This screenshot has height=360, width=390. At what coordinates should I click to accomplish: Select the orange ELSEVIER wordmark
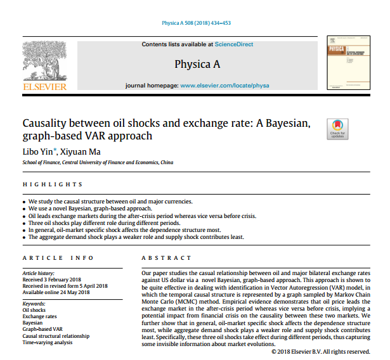click(44, 86)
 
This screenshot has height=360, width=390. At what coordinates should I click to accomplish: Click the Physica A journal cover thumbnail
click(345, 65)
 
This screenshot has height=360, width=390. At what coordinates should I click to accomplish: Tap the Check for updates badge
click(337, 128)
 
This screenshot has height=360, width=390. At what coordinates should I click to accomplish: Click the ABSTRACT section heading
click(166, 258)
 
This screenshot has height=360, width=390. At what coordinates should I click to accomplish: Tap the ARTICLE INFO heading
click(58, 258)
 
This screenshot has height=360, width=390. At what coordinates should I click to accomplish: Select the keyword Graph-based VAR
click(42, 329)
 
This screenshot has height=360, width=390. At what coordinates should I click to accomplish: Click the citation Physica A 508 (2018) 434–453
click(195, 23)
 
